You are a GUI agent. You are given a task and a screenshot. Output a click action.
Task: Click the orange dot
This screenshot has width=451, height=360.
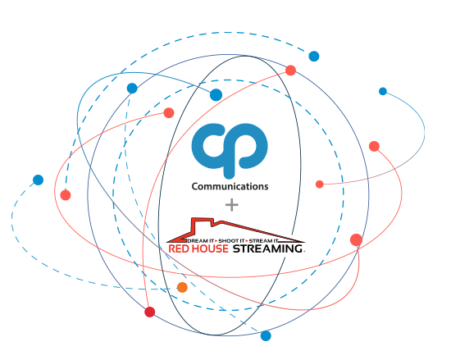point(182,287)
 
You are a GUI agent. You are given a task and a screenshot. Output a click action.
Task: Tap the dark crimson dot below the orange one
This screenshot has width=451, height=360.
point(150,312)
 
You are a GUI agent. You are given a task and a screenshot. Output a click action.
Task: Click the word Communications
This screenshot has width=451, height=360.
point(230,187)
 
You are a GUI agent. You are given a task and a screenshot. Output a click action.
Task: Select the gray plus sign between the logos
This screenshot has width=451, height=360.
point(232,205)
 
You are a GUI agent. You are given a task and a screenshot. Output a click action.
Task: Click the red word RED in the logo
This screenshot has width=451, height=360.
point(178,248)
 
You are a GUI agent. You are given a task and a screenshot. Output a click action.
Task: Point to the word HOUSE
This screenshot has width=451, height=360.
point(209,248)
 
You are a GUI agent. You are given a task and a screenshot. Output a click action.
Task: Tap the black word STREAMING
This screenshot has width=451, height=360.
point(267,248)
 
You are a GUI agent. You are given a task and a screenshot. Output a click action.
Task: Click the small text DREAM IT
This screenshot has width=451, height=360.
point(201,240)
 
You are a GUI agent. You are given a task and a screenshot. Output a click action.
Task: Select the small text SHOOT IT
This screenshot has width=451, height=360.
point(231,240)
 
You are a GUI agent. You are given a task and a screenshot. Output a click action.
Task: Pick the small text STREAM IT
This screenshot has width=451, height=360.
point(264,240)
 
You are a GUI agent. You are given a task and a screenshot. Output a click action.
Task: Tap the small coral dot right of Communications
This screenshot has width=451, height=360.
point(320,185)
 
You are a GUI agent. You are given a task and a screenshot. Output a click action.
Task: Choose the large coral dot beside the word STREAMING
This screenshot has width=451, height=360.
point(357,239)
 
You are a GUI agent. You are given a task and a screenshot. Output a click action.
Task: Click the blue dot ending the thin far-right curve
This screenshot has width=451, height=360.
point(383,92)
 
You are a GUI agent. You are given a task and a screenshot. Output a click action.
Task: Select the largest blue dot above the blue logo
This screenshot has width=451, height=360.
point(216,95)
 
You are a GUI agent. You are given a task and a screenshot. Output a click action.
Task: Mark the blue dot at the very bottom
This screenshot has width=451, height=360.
point(266,336)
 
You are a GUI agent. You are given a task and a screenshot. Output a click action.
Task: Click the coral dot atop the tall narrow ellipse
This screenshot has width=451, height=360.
point(290,71)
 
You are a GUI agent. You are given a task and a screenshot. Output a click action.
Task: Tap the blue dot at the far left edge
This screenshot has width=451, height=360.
point(38,180)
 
